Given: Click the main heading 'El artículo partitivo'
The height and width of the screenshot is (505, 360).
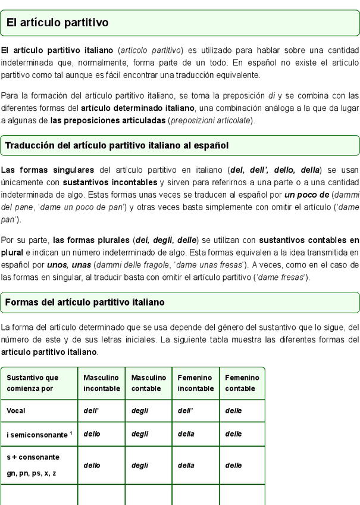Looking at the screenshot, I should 57,23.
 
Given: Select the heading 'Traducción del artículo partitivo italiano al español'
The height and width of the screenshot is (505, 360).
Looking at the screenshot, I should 117,145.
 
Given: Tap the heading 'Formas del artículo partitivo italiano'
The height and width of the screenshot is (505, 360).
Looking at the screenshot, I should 84,303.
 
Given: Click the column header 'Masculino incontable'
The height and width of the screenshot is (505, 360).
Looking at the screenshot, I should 101,383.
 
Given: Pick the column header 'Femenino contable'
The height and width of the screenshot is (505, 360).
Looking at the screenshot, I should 242,383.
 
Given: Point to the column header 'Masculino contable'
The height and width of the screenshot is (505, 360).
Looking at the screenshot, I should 148,383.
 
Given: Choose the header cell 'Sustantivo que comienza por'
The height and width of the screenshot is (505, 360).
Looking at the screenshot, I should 33,383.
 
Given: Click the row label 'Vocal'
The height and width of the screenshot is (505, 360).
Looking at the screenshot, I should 16,411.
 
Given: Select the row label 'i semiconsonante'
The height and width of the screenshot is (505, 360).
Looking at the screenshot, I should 36,435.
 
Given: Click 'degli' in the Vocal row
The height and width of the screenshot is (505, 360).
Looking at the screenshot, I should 139,411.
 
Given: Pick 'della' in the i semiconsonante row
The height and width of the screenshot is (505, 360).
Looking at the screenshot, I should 186,434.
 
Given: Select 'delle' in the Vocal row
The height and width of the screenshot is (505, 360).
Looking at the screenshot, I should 233,411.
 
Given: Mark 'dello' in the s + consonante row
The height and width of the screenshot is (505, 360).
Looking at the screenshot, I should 92,465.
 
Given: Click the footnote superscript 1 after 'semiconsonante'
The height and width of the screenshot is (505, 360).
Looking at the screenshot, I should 71,432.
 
